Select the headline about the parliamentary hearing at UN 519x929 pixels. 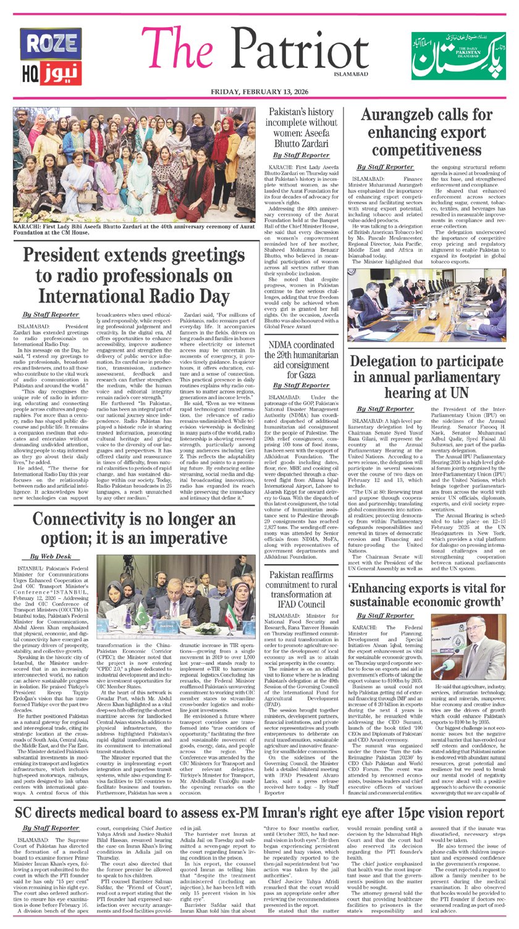426,376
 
